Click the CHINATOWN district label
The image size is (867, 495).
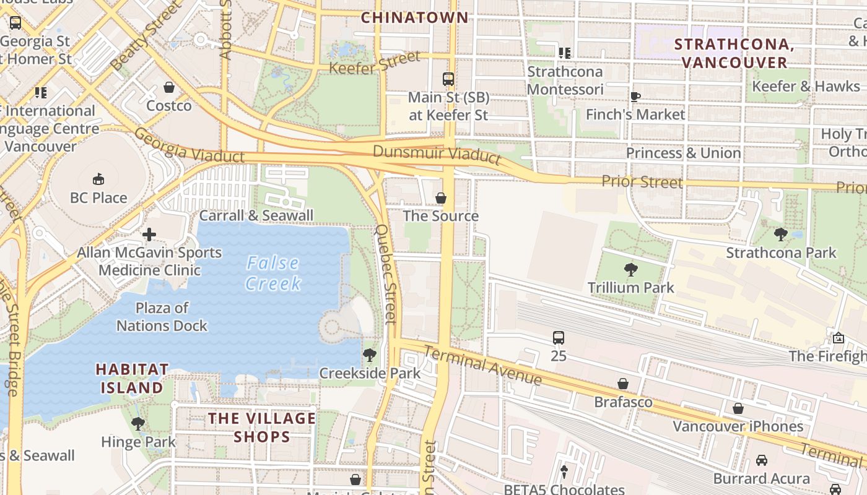pyautogui.click(x=414, y=17)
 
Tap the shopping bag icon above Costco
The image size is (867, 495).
pyautogui.click(x=169, y=87)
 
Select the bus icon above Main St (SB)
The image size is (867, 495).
pyautogui.click(x=448, y=79)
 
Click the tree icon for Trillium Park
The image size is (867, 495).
pyautogui.click(x=630, y=269)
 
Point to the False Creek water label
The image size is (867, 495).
pyautogui.click(x=273, y=273)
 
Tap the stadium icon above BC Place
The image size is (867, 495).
pyautogui.click(x=98, y=179)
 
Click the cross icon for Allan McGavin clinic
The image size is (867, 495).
pyautogui.click(x=149, y=235)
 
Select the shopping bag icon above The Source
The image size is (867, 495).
pyautogui.click(x=441, y=198)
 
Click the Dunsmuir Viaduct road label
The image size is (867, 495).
pyautogui.click(x=437, y=153)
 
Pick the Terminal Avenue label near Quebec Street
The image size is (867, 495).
pyautogui.click(x=482, y=364)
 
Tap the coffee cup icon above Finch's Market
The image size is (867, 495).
pyautogui.click(x=635, y=97)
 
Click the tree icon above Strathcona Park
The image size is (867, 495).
pyautogui.click(x=781, y=235)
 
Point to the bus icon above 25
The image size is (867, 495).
pyautogui.click(x=559, y=338)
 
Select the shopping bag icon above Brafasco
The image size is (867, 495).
pyautogui.click(x=623, y=384)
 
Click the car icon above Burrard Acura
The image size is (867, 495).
pyautogui.click(x=761, y=460)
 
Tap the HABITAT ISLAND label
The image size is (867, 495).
pyautogui.click(x=132, y=378)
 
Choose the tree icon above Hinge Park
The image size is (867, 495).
pyautogui.click(x=138, y=424)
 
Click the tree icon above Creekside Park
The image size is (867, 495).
pyautogui.click(x=370, y=355)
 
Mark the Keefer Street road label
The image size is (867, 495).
pyautogui.click(x=375, y=63)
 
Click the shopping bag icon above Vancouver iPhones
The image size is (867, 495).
pyautogui.click(x=738, y=408)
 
